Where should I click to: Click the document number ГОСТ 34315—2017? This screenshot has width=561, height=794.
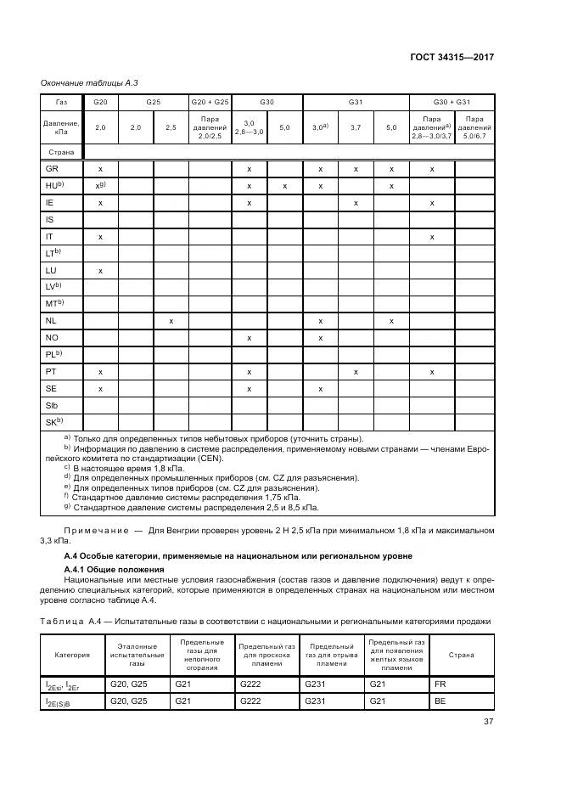(451, 57)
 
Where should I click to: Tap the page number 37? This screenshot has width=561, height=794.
(487, 724)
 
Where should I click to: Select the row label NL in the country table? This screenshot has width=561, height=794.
(51, 321)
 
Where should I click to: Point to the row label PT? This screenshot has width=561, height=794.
(51, 371)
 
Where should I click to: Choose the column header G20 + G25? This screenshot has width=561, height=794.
(210, 102)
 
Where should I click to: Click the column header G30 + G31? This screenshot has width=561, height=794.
(452, 102)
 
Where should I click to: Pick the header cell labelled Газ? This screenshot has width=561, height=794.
(60, 102)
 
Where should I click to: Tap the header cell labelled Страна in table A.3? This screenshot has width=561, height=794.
(60, 152)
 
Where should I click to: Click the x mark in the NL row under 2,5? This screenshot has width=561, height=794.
(171, 321)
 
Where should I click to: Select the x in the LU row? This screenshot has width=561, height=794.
(100, 270)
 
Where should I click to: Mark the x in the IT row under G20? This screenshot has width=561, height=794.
(100, 236)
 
